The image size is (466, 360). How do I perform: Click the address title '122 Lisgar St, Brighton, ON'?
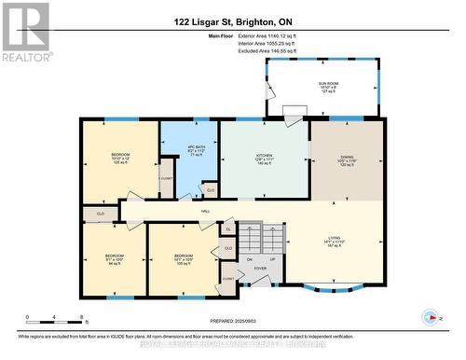pos(233,21)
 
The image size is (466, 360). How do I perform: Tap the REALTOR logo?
pos(25,33)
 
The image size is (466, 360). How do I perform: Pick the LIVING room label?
pos(347,237)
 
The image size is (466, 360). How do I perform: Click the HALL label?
pos(205,212)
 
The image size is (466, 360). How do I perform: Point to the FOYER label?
pos(260,269)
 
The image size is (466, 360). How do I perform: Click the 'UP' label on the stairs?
pos(271,258)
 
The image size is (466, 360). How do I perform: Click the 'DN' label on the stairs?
pos(250,258)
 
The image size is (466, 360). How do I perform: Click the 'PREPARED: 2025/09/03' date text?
pos(233,320)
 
